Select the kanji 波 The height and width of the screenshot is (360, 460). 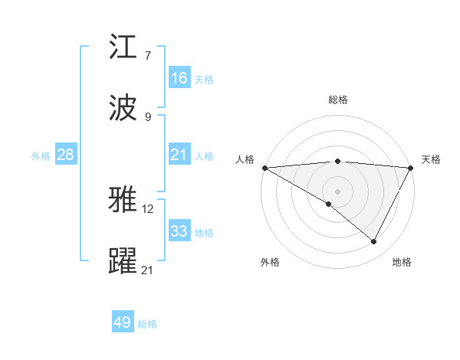click(x=123, y=108)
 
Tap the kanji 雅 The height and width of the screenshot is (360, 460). click(x=123, y=200)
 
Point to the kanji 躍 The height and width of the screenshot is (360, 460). click(x=123, y=260)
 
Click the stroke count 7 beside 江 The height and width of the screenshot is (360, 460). click(x=148, y=56)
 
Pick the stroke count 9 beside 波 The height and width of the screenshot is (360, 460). click(x=148, y=116)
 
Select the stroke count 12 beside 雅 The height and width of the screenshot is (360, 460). click(x=149, y=208)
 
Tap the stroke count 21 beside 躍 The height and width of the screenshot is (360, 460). click(x=149, y=269)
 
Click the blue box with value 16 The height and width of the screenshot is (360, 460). click(x=179, y=78)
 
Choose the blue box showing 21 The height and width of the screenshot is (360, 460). click(x=179, y=155)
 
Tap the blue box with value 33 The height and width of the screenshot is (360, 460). click(x=179, y=231)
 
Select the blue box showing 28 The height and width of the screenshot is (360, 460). click(x=66, y=155)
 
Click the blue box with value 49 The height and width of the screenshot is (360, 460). click(x=123, y=322)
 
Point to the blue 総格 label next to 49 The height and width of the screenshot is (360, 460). click(x=147, y=324)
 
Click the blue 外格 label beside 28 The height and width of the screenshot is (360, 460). click(x=41, y=156)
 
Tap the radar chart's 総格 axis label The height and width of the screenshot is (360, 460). click(x=337, y=100)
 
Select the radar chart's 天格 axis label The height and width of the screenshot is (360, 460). click(x=431, y=159)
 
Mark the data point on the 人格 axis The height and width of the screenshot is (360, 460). click(x=264, y=168)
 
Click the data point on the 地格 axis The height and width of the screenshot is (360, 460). click(x=374, y=241)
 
